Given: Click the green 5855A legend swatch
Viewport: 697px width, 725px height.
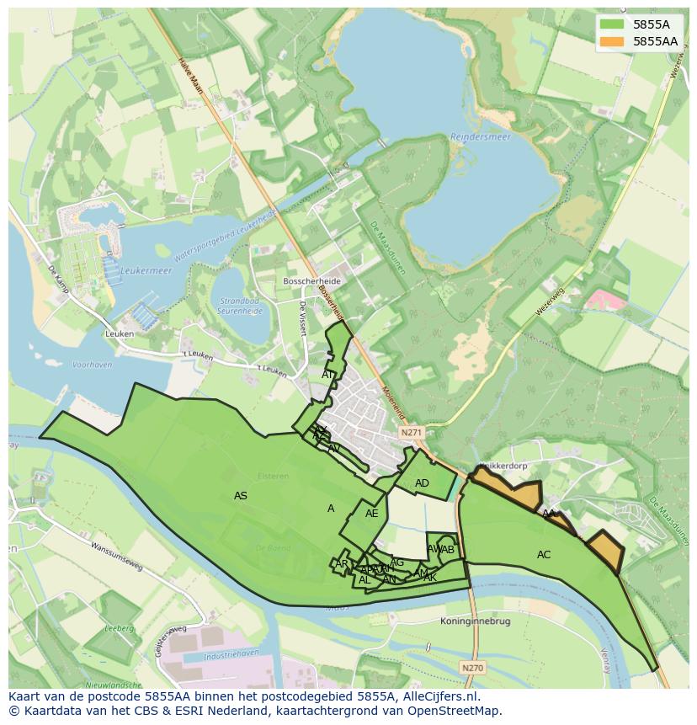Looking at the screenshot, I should [x=612, y=25].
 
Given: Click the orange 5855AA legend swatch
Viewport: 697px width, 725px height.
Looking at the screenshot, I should [x=612, y=41].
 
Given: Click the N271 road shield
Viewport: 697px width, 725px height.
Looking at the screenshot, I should [x=411, y=433].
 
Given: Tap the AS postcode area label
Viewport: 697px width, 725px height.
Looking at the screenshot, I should [x=241, y=496].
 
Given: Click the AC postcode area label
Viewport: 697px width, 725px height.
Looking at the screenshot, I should [x=544, y=555].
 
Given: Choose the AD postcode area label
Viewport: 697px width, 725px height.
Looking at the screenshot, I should [x=422, y=483].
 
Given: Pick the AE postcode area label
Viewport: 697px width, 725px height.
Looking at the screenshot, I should [x=371, y=514].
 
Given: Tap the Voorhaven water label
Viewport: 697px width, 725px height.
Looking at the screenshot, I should [x=93, y=365].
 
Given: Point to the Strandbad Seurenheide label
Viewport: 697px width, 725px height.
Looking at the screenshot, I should [x=241, y=305].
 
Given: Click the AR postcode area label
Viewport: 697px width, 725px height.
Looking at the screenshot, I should [x=341, y=564].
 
